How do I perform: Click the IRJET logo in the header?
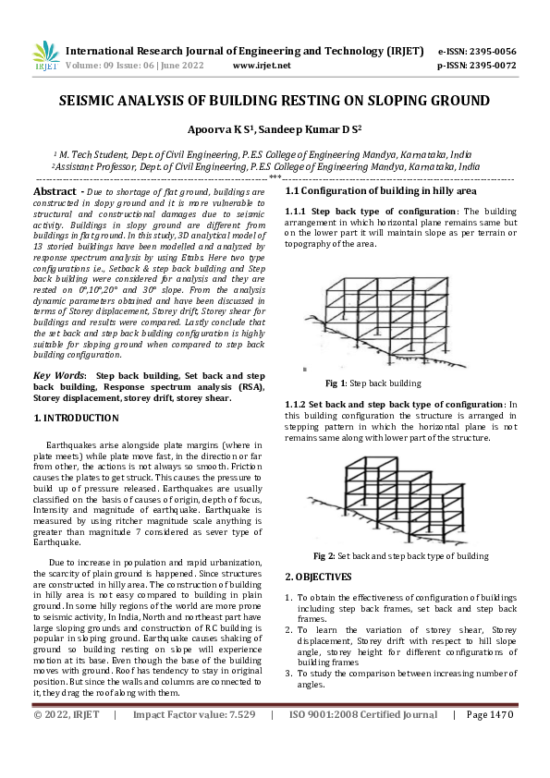coord(44,56)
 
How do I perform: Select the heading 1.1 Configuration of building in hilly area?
coord(380,190)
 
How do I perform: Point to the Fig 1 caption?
coord(373,383)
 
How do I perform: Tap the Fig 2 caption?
coord(400,556)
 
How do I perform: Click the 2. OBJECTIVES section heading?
coord(318,577)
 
